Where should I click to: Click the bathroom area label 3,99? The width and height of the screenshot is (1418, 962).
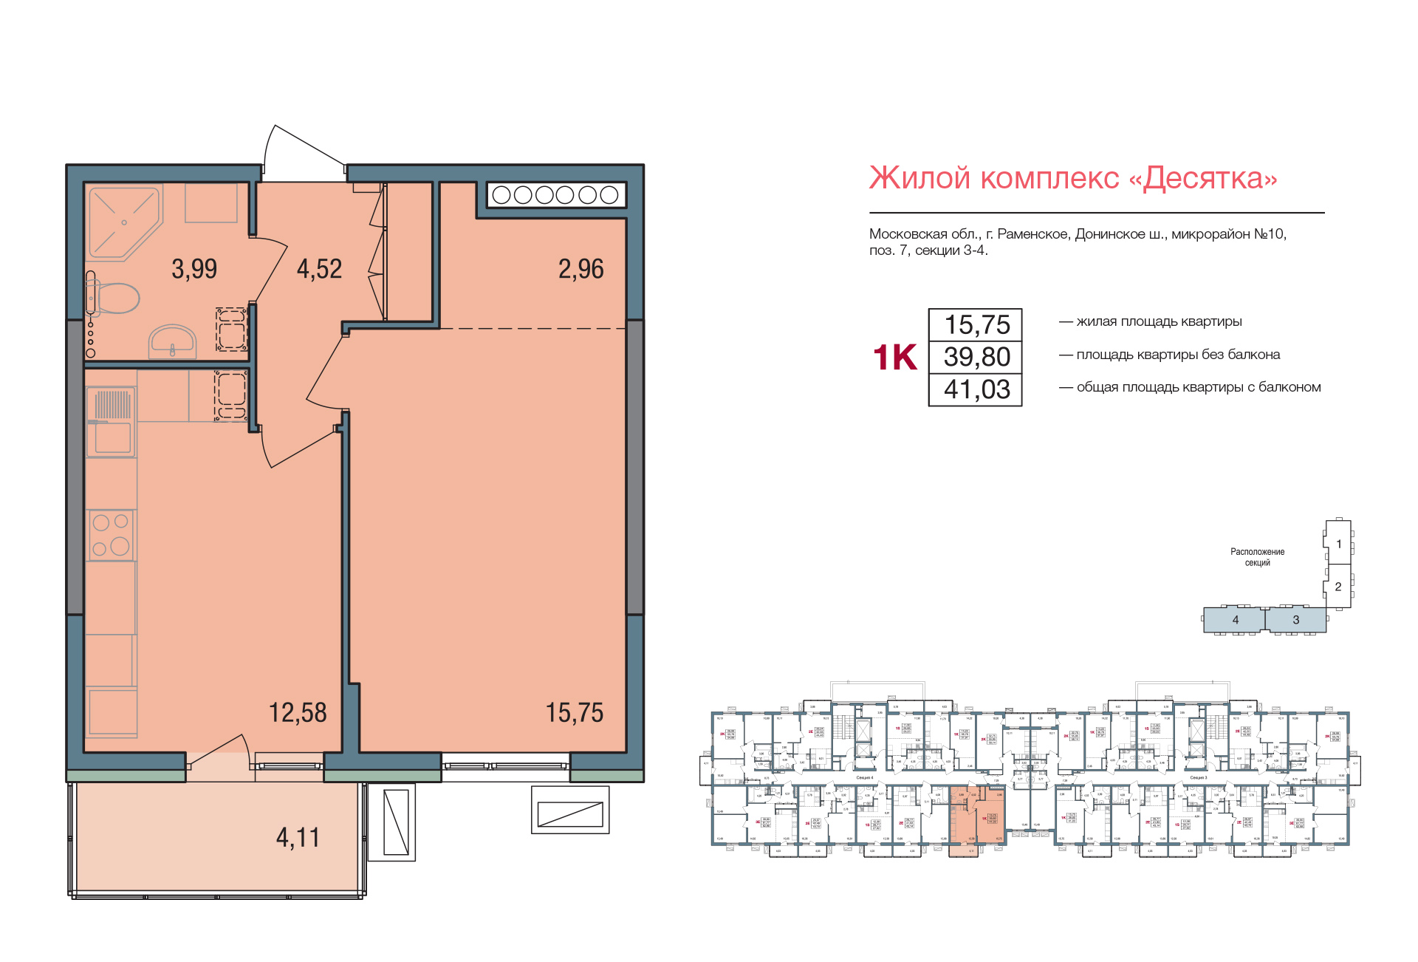pyautogui.click(x=194, y=269)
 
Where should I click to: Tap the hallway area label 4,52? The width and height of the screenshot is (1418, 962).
pyautogui.click(x=319, y=269)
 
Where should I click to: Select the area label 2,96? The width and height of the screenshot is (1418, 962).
pyautogui.click(x=580, y=269)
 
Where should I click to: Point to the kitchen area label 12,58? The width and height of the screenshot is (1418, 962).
pyautogui.click(x=297, y=713)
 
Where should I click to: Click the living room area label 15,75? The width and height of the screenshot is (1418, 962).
pyautogui.click(x=574, y=713)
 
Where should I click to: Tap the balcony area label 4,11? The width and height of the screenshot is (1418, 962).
pyautogui.click(x=298, y=838)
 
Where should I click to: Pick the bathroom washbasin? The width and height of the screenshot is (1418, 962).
pyautogui.click(x=173, y=341)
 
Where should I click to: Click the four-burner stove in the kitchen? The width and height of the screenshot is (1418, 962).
pyautogui.click(x=111, y=534)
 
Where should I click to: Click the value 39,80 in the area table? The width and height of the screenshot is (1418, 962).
pyautogui.click(x=976, y=357)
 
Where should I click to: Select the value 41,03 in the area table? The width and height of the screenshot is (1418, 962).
pyautogui.click(x=976, y=389)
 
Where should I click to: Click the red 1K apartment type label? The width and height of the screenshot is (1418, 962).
pyautogui.click(x=894, y=358)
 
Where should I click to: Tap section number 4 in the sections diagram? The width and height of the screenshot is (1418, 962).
pyautogui.click(x=1235, y=620)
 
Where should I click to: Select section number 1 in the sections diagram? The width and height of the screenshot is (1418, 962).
pyautogui.click(x=1338, y=544)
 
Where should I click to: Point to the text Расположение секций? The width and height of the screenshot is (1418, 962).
pyautogui.click(x=1257, y=557)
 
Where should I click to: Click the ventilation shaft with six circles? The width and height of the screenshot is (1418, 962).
pyautogui.click(x=555, y=195)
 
